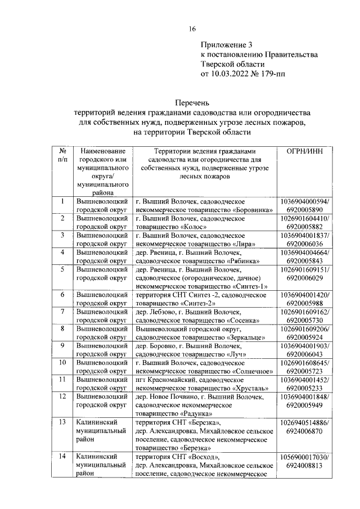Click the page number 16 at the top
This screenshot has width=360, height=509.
[192, 29]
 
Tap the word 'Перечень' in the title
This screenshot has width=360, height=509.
[192, 103]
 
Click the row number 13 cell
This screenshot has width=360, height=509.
[62, 422]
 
